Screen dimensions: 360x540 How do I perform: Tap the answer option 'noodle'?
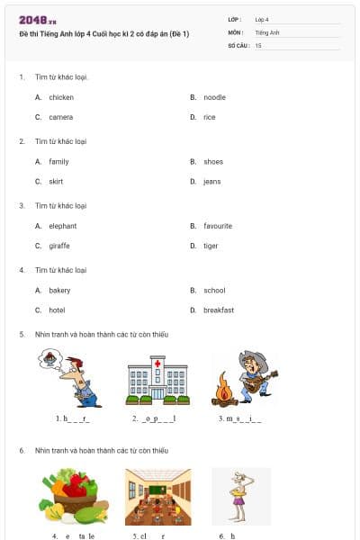(x=214, y=97)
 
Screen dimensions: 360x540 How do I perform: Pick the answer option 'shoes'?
(x=212, y=162)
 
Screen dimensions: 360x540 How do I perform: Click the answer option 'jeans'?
(x=211, y=182)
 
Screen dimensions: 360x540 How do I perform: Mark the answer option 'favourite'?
(x=218, y=226)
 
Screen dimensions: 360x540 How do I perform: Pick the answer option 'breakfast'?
(x=218, y=310)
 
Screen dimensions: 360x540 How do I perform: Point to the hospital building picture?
(x=157, y=381)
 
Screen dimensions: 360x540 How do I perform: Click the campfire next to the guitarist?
(x=222, y=391)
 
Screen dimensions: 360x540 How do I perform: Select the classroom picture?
(x=157, y=496)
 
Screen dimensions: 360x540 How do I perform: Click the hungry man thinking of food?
(x=72, y=378)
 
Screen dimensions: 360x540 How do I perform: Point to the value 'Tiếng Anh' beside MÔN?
(x=267, y=32)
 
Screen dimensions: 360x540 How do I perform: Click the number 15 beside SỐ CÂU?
(x=258, y=45)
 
